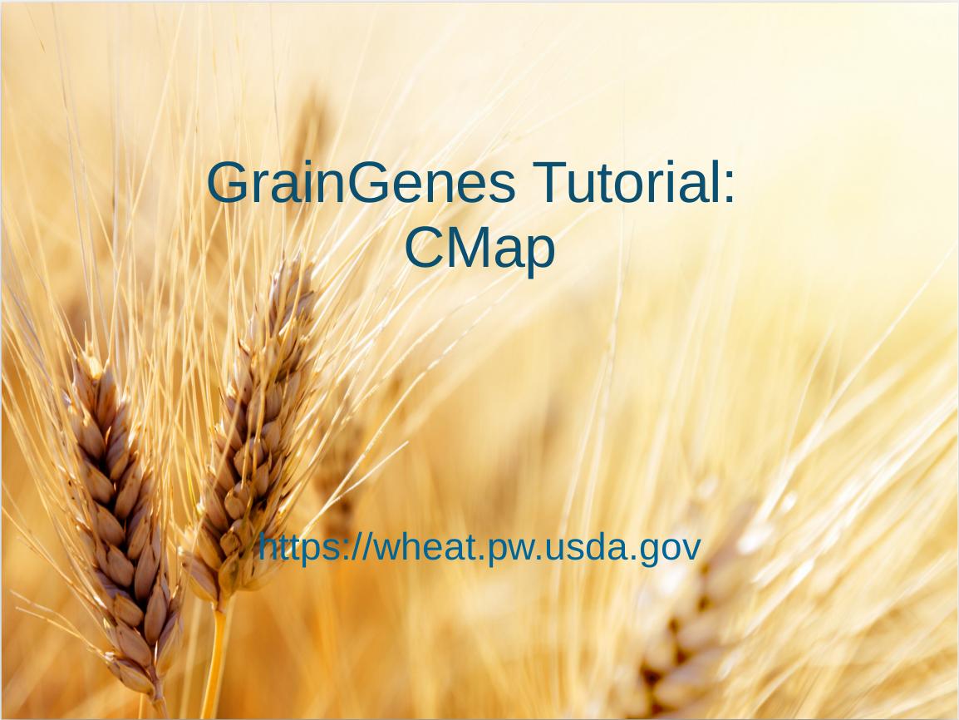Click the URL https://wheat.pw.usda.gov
point(479,548)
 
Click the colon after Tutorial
point(729,189)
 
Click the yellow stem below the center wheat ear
point(215,663)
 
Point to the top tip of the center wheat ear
point(293,263)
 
